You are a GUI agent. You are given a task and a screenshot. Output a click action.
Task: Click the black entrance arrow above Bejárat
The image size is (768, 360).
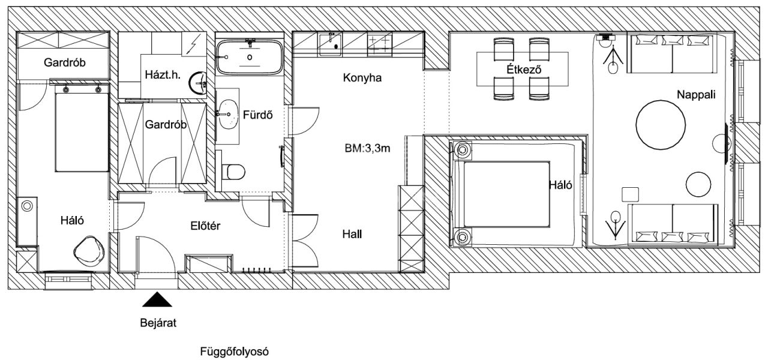[x=157, y=299]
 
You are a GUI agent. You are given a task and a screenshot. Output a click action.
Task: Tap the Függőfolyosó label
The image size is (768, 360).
[x=234, y=352]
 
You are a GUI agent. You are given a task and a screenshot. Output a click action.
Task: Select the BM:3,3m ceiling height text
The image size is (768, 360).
[x=367, y=148]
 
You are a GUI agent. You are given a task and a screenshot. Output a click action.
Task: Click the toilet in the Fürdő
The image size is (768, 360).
[x=233, y=171]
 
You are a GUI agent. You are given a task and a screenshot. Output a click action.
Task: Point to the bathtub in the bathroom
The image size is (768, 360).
[x=250, y=57]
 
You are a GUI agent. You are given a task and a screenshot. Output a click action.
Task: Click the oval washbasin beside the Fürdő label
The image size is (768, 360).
[x=228, y=114]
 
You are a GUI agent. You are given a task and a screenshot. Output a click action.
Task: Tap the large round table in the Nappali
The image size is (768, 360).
[x=661, y=124]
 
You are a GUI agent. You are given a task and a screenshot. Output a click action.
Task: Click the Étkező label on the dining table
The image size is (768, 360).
[x=524, y=70]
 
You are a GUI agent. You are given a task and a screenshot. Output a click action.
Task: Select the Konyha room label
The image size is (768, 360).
[x=362, y=78]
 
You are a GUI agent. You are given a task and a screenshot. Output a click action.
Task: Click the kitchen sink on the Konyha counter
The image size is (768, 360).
[x=331, y=44]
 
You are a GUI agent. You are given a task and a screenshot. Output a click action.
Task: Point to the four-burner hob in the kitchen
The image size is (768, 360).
[x=380, y=44]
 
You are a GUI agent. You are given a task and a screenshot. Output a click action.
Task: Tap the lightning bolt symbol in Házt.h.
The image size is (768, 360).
[x=194, y=44]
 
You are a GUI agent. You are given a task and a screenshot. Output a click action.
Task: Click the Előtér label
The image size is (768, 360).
[x=205, y=226]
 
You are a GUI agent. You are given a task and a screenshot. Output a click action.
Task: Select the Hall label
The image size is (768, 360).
[x=352, y=234]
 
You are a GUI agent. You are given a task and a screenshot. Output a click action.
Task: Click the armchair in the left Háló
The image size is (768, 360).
[x=89, y=251]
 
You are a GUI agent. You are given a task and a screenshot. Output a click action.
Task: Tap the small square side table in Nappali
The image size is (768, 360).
[x=630, y=194]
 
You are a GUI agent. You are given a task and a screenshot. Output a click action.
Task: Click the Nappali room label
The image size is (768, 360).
[x=696, y=95]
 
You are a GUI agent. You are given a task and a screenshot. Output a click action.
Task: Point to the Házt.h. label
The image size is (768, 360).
[x=163, y=75]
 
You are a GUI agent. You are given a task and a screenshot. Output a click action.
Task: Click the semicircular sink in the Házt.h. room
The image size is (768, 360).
[x=198, y=82]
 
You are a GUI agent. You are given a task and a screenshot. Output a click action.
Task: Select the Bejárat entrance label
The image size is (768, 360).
[x=158, y=323]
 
